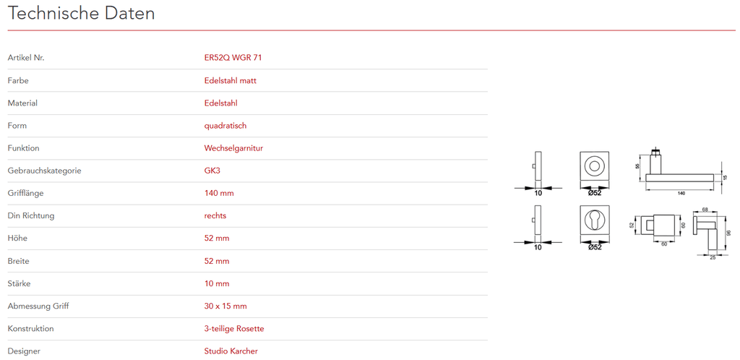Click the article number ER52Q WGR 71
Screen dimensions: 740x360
(x=233, y=58)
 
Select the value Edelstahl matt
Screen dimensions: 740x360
(x=231, y=81)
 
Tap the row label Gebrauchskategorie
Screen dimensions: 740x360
(x=44, y=171)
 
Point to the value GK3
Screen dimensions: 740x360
(x=212, y=171)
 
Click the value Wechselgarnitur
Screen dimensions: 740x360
(x=233, y=148)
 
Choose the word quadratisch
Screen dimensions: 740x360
(x=225, y=126)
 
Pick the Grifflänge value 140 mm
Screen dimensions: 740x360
(x=219, y=194)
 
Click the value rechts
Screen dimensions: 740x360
(x=215, y=216)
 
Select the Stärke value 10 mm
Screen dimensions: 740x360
(x=217, y=283)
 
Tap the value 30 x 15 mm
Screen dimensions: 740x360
(x=225, y=307)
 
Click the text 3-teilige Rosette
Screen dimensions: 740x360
(x=234, y=329)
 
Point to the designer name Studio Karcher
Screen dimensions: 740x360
(x=231, y=351)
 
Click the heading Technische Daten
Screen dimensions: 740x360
(x=81, y=13)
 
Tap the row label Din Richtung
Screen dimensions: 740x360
(x=31, y=216)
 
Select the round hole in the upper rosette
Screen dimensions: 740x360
(x=594, y=166)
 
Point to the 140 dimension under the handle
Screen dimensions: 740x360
(x=681, y=193)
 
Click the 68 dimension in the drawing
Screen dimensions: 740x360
(x=705, y=209)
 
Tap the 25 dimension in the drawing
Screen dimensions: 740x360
(x=713, y=257)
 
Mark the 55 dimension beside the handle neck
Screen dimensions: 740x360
(x=637, y=166)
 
